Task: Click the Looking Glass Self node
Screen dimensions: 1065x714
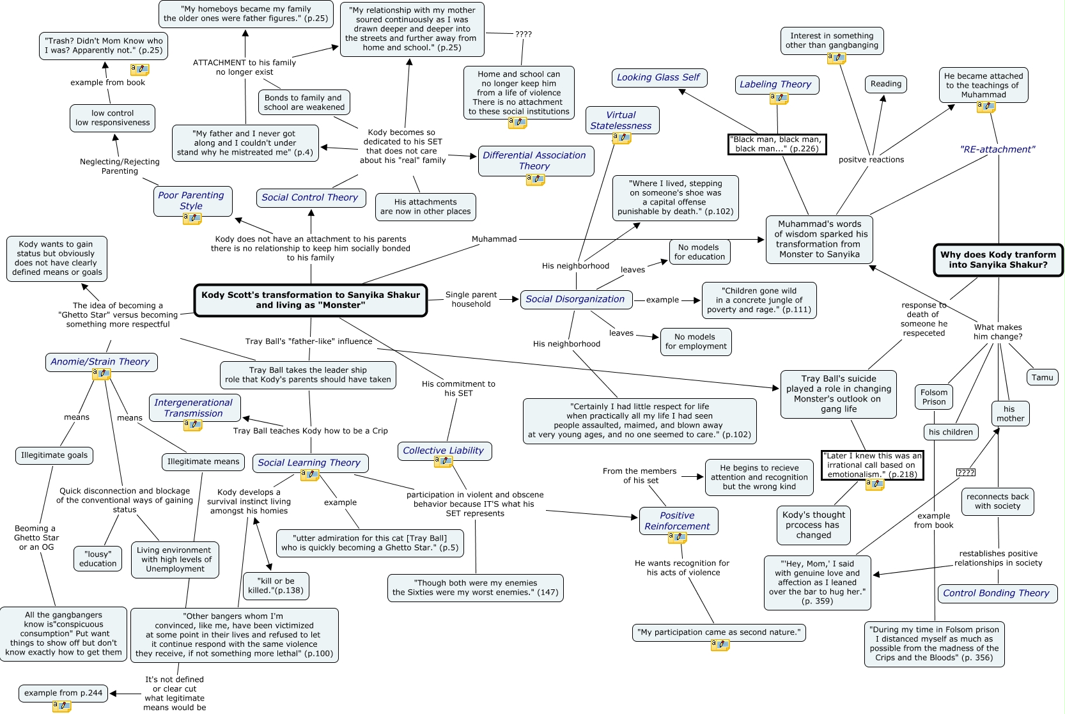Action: coord(658,77)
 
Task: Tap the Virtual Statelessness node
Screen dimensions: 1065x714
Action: coord(621,120)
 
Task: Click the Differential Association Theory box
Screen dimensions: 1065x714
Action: coord(534,160)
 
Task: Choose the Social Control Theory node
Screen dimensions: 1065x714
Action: coord(310,198)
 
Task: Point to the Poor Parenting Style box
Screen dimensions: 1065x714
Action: coord(191,200)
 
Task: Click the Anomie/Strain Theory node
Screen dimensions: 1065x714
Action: coord(100,362)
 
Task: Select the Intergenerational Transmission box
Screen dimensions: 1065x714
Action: coord(194,408)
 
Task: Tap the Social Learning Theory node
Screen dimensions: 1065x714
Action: coord(309,463)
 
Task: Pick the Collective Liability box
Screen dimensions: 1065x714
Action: coord(443,451)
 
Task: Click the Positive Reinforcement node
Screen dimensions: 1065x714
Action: coord(677,521)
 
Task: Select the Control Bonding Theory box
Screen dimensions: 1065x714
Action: coord(996,593)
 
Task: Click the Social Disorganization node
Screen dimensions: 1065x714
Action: coord(575,299)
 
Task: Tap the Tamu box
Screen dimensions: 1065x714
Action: coord(1041,377)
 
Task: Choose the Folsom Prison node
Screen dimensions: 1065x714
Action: coord(933,397)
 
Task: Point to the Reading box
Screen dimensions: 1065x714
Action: coord(885,84)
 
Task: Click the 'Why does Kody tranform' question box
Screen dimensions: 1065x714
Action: coord(997,260)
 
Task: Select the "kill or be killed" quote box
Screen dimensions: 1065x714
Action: coord(276,586)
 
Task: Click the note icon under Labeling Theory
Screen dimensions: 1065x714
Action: coord(779,98)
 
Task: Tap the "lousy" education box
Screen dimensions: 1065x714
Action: coord(98,559)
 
